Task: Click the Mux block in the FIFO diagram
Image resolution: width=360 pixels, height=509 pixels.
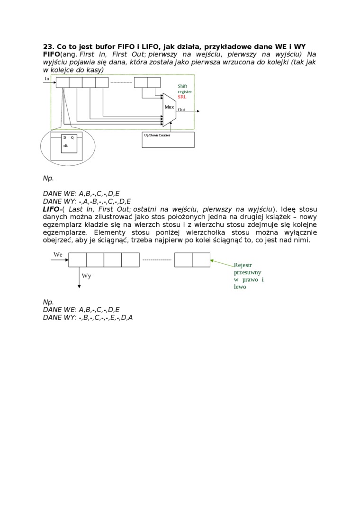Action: (x=169, y=107)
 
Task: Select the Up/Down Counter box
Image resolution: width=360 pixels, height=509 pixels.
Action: (x=168, y=140)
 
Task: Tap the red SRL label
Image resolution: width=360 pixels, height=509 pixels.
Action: (x=182, y=97)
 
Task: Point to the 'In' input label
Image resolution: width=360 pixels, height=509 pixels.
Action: (x=47, y=79)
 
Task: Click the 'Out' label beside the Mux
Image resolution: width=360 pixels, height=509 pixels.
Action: (x=181, y=109)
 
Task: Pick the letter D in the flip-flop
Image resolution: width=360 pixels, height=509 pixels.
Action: (x=65, y=137)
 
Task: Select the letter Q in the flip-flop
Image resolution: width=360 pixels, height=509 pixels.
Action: (x=72, y=137)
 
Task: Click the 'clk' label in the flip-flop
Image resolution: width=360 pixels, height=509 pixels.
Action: (x=65, y=145)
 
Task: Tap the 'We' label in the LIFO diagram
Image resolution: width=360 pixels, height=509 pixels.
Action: (x=58, y=255)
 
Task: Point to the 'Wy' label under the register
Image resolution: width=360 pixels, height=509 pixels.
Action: (x=86, y=276)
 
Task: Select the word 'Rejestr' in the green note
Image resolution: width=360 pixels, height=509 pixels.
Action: (x=243, y=265)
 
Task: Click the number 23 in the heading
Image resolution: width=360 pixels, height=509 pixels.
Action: (x=48, y=47)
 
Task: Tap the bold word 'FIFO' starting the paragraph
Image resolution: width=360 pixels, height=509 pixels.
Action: (x=51, y=54)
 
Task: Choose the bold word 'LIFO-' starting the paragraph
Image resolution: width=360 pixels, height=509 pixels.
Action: (x=53, y=209)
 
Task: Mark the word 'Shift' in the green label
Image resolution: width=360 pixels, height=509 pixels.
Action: (x=182, y=86)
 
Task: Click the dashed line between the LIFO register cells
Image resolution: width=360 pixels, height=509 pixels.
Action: (x=157, y=260)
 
